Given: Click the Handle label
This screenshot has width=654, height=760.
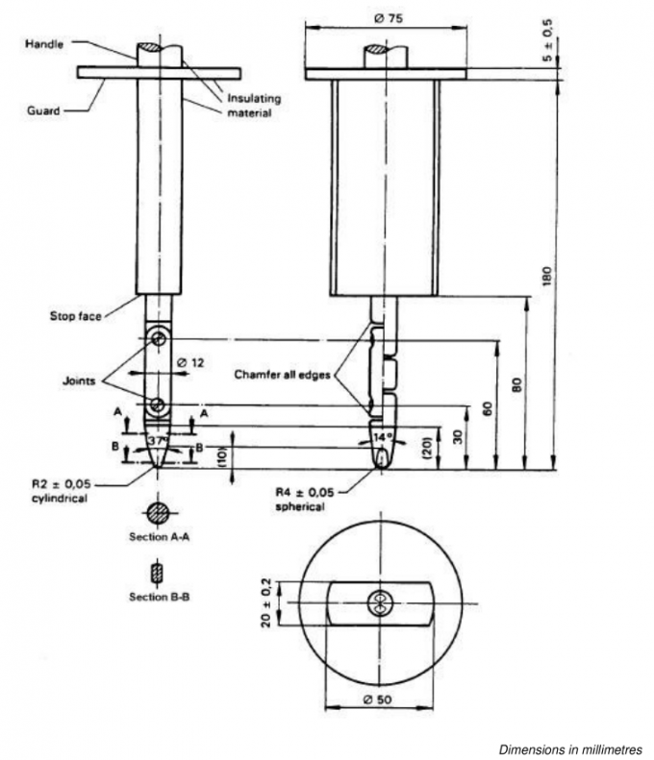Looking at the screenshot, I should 44,43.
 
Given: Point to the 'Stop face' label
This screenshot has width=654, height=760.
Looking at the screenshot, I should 79,313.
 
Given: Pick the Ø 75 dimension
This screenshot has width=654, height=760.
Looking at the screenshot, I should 385,16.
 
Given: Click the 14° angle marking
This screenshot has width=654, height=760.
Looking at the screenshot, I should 384,437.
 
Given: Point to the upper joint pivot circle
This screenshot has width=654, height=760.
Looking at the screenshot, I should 159,339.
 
